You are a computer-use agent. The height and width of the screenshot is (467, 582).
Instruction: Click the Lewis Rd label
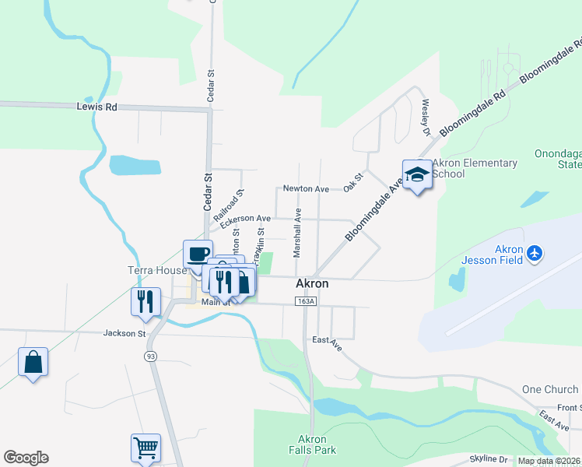(x=96, y=107)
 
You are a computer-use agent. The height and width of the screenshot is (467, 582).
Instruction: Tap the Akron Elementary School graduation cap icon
(x=417, y=174)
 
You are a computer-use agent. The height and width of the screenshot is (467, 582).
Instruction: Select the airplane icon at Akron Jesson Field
(x=534, y=253)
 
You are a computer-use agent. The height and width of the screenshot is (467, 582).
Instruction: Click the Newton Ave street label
(x=306, y=188)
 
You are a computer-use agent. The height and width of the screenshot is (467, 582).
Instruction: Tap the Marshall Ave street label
(x=297, y=233)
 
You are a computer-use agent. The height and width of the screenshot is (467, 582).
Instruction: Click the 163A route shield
(x=305, y=301)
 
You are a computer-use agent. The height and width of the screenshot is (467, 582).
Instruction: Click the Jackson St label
(x=124, y=333)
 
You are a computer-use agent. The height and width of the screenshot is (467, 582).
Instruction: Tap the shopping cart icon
(x=145, y=448)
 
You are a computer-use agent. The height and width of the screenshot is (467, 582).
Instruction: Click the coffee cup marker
(x=198, y=254)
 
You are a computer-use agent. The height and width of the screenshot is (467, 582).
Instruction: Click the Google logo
(x=26, y=458)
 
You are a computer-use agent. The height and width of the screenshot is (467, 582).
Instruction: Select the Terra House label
(x=157, y=270)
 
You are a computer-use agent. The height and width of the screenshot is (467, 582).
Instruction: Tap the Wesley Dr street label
(x=426, y=117)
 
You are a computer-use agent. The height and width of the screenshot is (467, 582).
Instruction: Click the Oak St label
(x=354, y=182)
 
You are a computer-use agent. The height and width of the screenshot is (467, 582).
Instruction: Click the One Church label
(x=550, y=389)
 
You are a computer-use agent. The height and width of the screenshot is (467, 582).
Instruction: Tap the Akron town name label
(x=312, y=283)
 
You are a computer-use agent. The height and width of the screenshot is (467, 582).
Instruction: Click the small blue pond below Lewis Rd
(x=135, y=165)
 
